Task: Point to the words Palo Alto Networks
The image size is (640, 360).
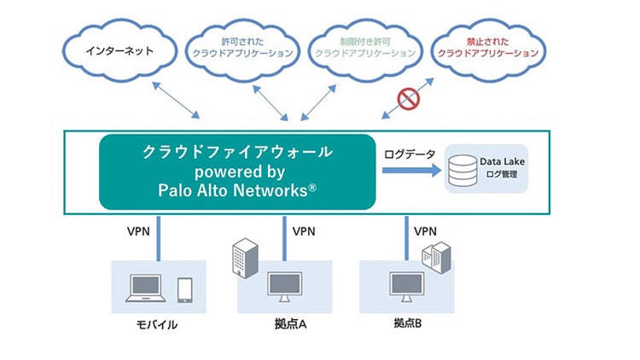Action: (x=236, y=190)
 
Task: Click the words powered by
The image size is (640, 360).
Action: (x=237, y=171)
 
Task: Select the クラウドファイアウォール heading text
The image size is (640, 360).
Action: (x=237, y=152)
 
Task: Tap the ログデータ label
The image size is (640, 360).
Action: (x=410, y=154)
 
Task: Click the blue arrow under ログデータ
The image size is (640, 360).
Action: (x=411, y=171)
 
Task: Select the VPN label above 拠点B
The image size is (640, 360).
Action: (x=425, y=230)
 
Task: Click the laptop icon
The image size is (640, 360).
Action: (x=147, y=288)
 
